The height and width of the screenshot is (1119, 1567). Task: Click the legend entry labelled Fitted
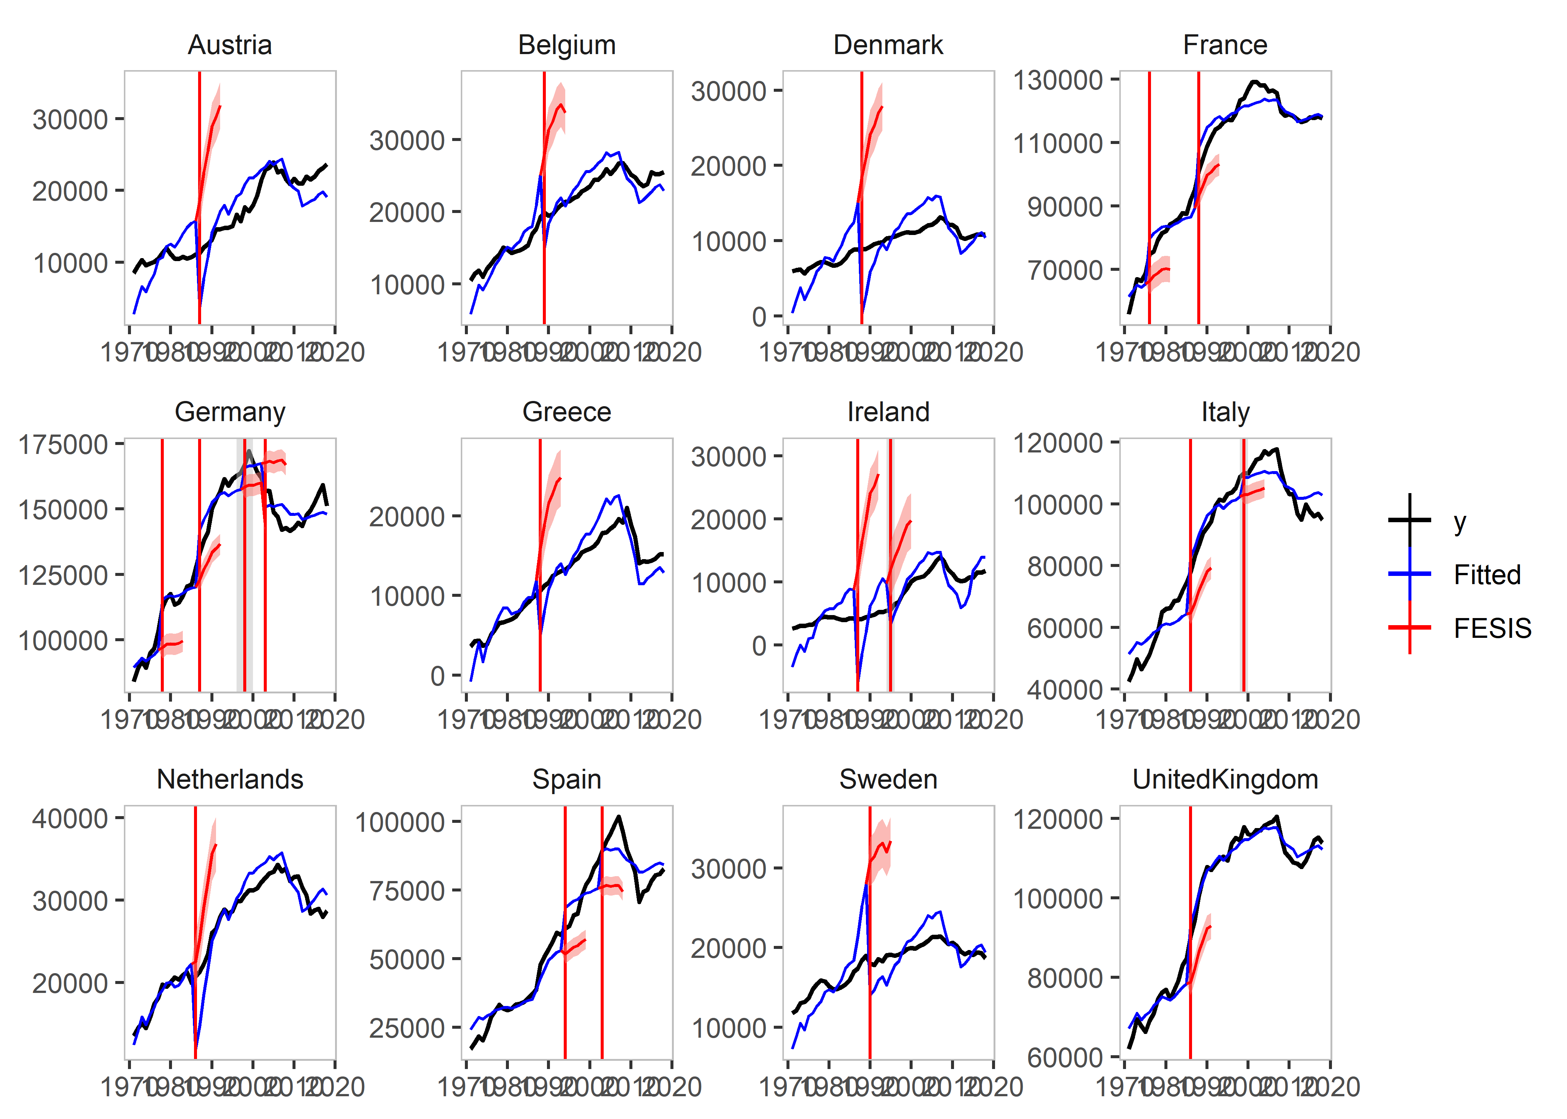pyautogui.click(x=1486, y=575)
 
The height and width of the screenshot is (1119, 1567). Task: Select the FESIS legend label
pyautogui.click(x=1492, y=629)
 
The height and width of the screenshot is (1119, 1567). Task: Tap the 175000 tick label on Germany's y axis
pyautogui.click(x=63, y=445)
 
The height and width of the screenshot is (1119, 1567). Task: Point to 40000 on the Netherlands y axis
pyautogui.click(x=70, y=819)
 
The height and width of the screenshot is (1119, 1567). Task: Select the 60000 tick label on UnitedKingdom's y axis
pyautogui.click(x=1065, y=1057)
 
